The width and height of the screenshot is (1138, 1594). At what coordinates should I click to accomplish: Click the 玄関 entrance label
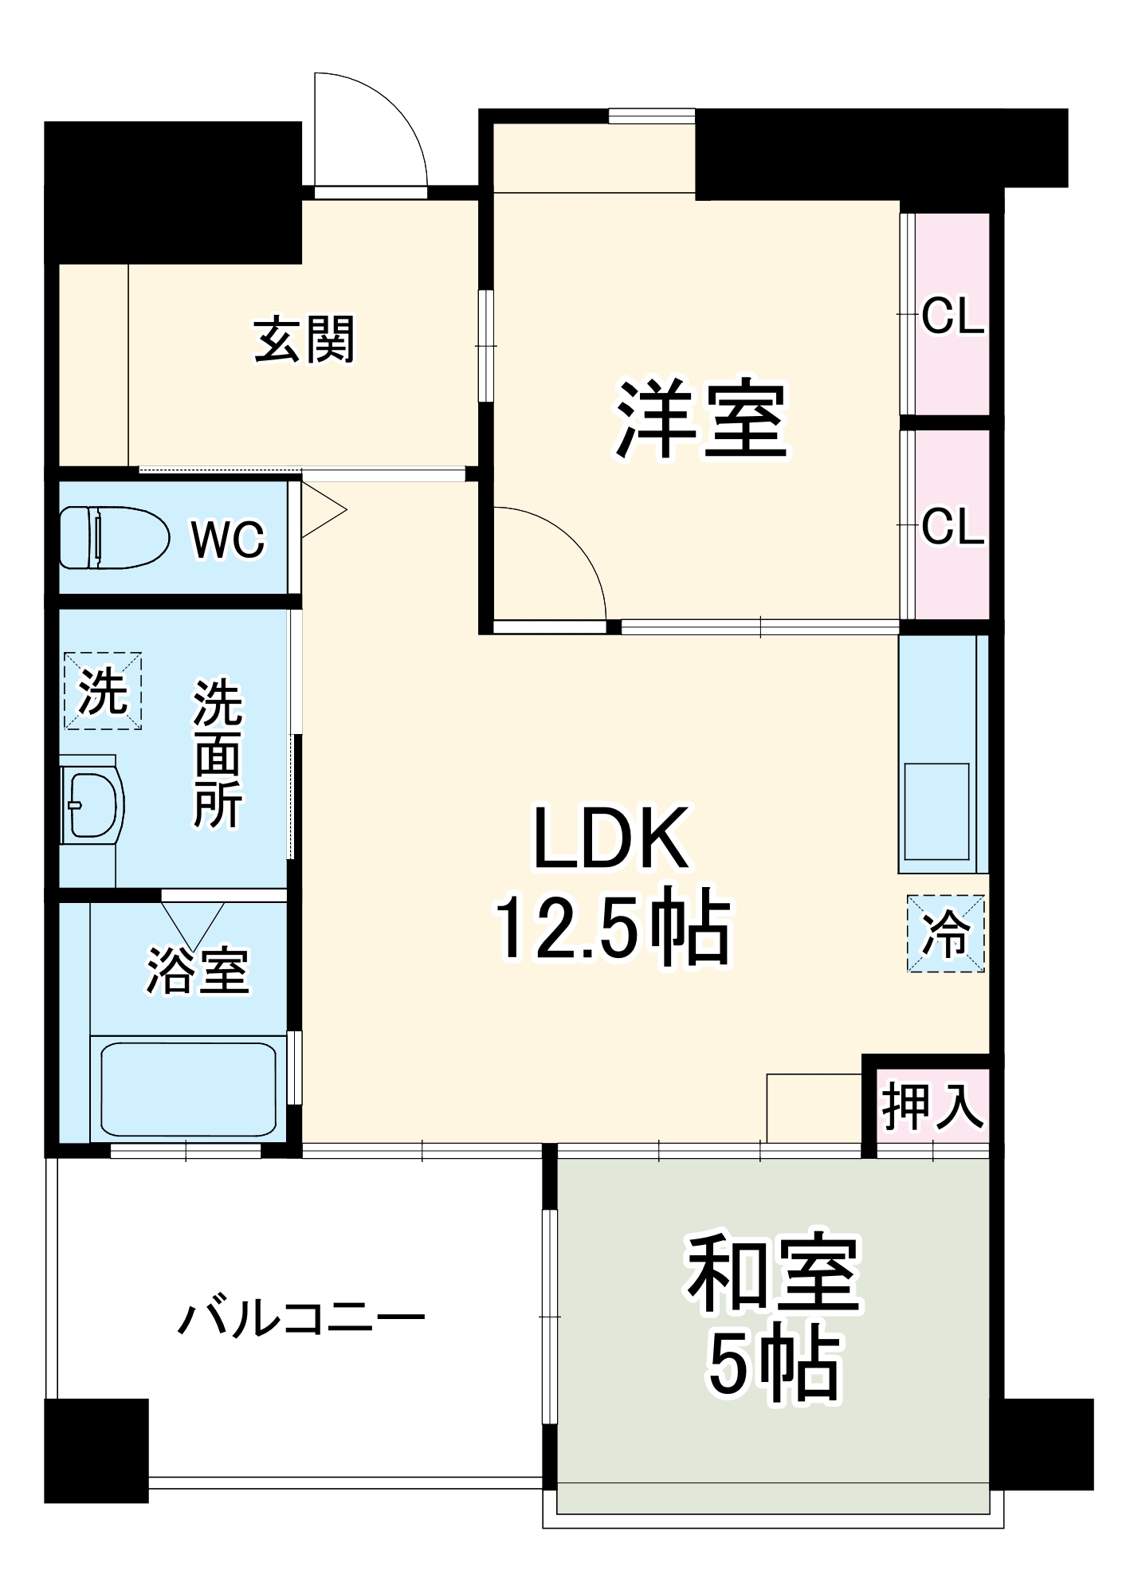click(304, 340)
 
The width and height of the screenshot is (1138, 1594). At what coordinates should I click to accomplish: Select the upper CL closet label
click(952, 317)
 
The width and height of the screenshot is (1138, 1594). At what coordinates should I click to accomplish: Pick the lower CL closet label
click(952, 527)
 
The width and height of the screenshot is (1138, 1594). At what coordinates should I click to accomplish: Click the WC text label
click(228, 540)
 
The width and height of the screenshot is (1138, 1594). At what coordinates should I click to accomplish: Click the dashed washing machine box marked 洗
click(103, 690)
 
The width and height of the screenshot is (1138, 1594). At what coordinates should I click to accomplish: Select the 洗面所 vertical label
click(218, 752)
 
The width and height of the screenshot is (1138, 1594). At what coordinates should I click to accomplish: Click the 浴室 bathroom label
click(197, 972)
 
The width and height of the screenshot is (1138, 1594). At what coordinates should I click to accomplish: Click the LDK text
click(610, 838)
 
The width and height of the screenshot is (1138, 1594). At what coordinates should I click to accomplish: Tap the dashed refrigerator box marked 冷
click(945, 933)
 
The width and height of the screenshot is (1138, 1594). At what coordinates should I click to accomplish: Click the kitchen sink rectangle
click(937, 811)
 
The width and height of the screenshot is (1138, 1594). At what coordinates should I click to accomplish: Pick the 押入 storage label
click(932, 1106)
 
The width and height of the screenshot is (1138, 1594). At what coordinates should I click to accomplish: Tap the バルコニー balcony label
click(301, 1321)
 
